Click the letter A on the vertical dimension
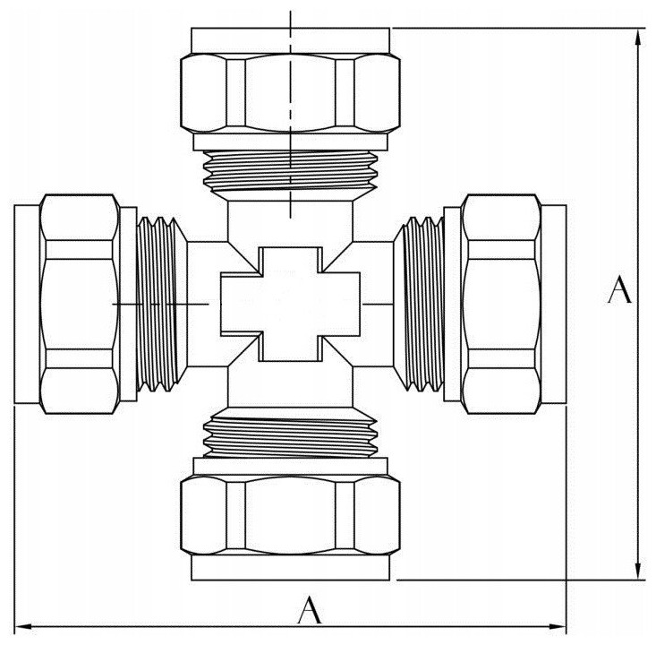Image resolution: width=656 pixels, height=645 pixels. coord(619,289)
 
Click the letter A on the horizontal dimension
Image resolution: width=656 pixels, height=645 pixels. coord(310,610)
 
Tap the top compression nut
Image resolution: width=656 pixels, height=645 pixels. coord(290,93)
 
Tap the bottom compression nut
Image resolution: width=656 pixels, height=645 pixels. coord(290,516)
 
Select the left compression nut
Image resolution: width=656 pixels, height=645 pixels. coord(80,304)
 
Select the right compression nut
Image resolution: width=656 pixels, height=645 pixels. coord(502,304)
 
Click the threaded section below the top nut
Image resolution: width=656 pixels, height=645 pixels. coord(290,171)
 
